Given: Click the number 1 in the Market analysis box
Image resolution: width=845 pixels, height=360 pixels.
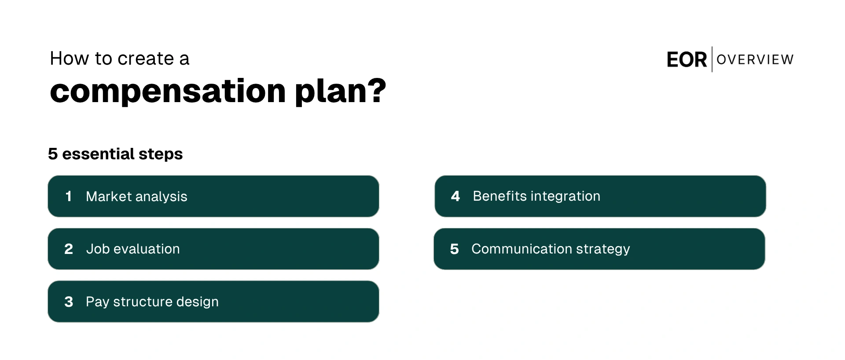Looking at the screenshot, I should tap(68, 196).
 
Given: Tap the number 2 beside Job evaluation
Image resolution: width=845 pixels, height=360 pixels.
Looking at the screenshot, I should tap(69, 249).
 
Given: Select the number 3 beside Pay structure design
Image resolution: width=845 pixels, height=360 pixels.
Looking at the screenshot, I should tap(69, 302).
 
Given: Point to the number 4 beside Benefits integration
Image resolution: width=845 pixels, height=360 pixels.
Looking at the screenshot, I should tap(456, 196).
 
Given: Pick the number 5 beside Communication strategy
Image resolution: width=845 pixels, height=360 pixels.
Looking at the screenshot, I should tap(455, 249).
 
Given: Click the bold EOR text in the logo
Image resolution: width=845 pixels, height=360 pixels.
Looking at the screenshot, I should tap(687, 60).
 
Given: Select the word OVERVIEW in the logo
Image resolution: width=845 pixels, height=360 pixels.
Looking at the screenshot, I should tap(755, 59).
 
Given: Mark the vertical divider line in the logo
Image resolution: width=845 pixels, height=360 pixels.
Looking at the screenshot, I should tap(712, 59).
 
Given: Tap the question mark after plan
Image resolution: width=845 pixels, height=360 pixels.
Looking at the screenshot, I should tap(377, 90).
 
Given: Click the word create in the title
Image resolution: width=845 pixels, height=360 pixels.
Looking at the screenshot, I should tap(146, 59).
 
